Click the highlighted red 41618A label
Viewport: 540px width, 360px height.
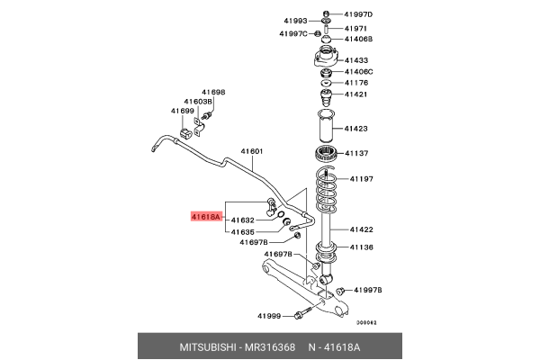pyautogui.click(x=202, y=216)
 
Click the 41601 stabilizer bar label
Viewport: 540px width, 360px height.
pyautogui.click(x=251, y=151)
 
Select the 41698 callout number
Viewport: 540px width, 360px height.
pyautogui.click(x=213, y=92)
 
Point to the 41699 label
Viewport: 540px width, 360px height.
pyautogui.click(x=183, y=111)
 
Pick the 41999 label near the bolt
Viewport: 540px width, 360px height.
pyautogui.click(x=269, y=316)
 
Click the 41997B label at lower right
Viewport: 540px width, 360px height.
pyautogui.click(x=367, y=290)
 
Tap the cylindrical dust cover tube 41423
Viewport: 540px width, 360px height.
pyautogui.click(x=324, y=128)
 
